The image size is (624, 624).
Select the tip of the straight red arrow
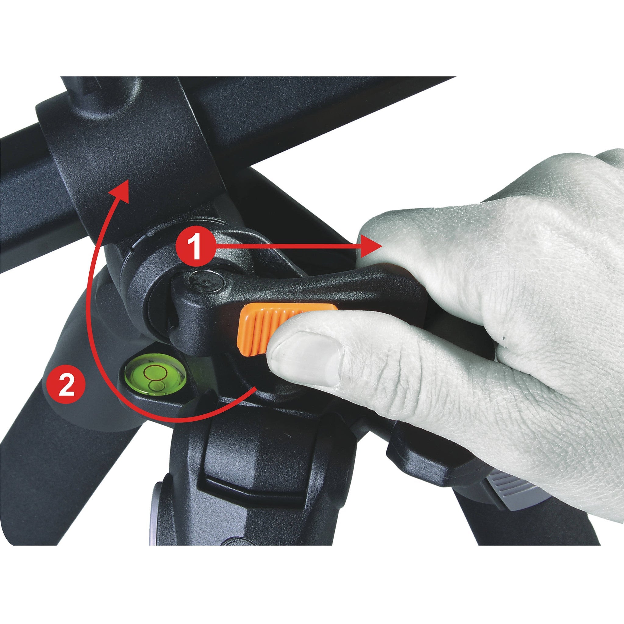[382, 246]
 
